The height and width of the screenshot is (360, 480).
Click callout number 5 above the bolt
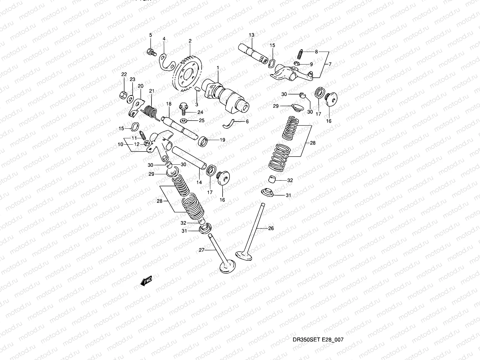[151, 35]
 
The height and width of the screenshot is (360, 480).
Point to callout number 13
[251, 35]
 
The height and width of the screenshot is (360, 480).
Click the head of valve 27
[227, 266]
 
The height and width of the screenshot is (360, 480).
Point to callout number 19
[222, 140]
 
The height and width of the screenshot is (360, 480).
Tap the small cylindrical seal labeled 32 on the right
[272, 179]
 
